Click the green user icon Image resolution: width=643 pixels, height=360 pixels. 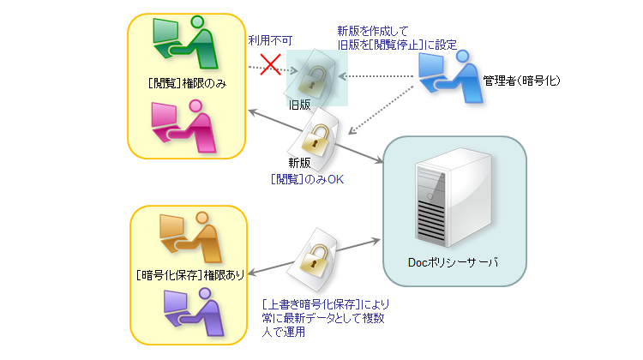coord(184,42)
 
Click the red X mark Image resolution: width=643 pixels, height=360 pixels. coord(271,65)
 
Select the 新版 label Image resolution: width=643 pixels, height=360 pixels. coord(301,162)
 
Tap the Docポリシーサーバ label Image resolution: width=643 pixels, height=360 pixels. coord(452,261)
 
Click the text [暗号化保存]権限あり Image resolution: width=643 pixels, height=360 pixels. coord(190,275)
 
